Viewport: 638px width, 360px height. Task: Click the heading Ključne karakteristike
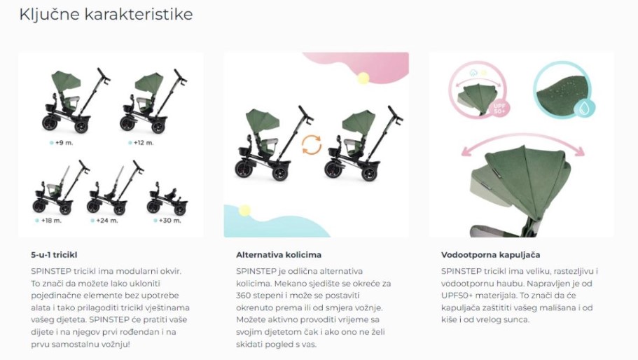tap(106, 15)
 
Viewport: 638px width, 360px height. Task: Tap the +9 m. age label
tap(64, 143)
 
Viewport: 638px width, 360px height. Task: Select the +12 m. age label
tap(144, 143)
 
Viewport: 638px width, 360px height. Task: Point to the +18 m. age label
tap(51, 221)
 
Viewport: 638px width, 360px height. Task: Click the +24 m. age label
tap(107, 221)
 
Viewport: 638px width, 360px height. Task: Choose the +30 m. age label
tap(170, 221)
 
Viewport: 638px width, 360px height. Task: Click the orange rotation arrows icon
tap(312, 145)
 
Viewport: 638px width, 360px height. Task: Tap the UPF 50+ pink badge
tap(499, 109)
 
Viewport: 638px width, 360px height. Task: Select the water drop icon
tap(585, 108)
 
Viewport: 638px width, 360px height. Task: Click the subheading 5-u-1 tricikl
tap(54, 255)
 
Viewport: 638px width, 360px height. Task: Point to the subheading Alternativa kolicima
tap(279, 255)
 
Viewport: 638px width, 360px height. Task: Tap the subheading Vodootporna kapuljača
tap(491, 255)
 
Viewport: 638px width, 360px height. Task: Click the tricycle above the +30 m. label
tap(167, 198)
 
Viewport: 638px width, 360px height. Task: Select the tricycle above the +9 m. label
tap(76, 100)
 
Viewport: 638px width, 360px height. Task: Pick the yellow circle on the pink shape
tap(363, 78)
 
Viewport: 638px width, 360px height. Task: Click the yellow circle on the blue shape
tap(244, 210)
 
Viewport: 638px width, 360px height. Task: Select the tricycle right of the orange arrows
tap(363, 142)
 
